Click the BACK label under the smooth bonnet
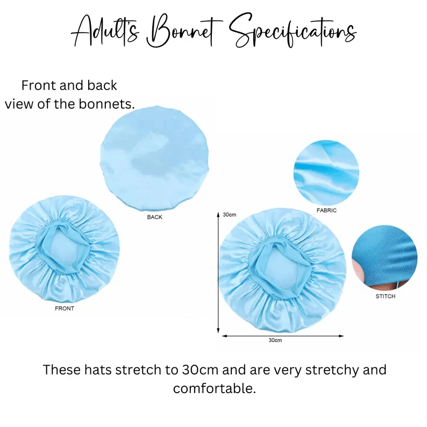click(154, 217)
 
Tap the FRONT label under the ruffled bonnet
click(65, 308)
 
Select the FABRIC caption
click(326, 210)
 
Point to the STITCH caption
click(385, 296)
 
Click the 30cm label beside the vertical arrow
click(229, 215)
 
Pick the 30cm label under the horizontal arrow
click(275, 340)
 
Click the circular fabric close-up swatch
click(326, 173)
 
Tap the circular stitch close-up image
click(385, 258)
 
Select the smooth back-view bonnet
click(154, 159)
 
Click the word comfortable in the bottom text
click(215, 388)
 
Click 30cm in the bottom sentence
click(200, 370)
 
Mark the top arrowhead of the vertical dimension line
click(218, 215)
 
